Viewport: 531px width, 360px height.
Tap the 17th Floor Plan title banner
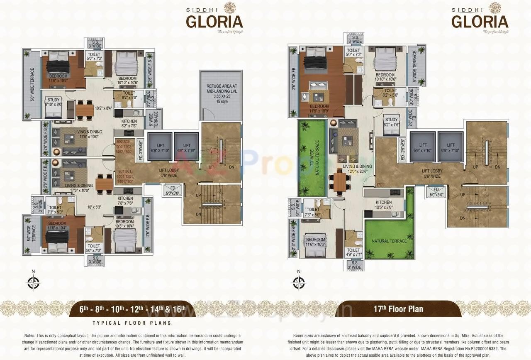[x=398, y=309]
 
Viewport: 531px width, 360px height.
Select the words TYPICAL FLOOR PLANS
[x=132, y=323]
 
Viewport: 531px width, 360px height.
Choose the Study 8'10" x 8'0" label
[x=54, y=102]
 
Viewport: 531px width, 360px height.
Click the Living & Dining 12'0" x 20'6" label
[x=357, y=169]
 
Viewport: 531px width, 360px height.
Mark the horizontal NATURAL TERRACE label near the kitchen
[x=389, y=241]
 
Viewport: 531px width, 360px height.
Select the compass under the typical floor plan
[x=33, y=282]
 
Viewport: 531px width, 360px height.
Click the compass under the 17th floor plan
[x=298, y=282]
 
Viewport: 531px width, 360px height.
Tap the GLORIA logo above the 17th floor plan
[x=480, y=21]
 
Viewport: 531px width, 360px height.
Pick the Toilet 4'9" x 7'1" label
[x=353, y=252]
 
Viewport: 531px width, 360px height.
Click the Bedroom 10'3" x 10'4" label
[x=125, y=224]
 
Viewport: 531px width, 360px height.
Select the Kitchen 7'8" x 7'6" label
[x=125, y=201]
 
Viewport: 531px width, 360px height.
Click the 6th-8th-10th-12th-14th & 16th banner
[x=132, y=309]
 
